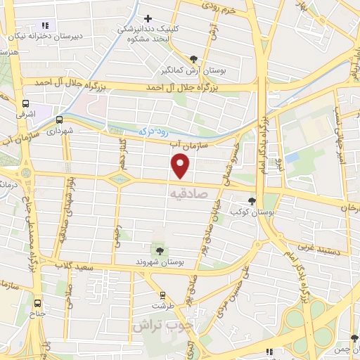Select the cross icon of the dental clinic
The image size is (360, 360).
147,18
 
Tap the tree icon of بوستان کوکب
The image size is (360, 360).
252,201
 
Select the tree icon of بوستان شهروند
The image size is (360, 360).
160,250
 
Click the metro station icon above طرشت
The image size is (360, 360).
162,295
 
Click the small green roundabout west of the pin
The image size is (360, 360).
120,179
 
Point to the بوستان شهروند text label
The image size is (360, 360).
161,262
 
